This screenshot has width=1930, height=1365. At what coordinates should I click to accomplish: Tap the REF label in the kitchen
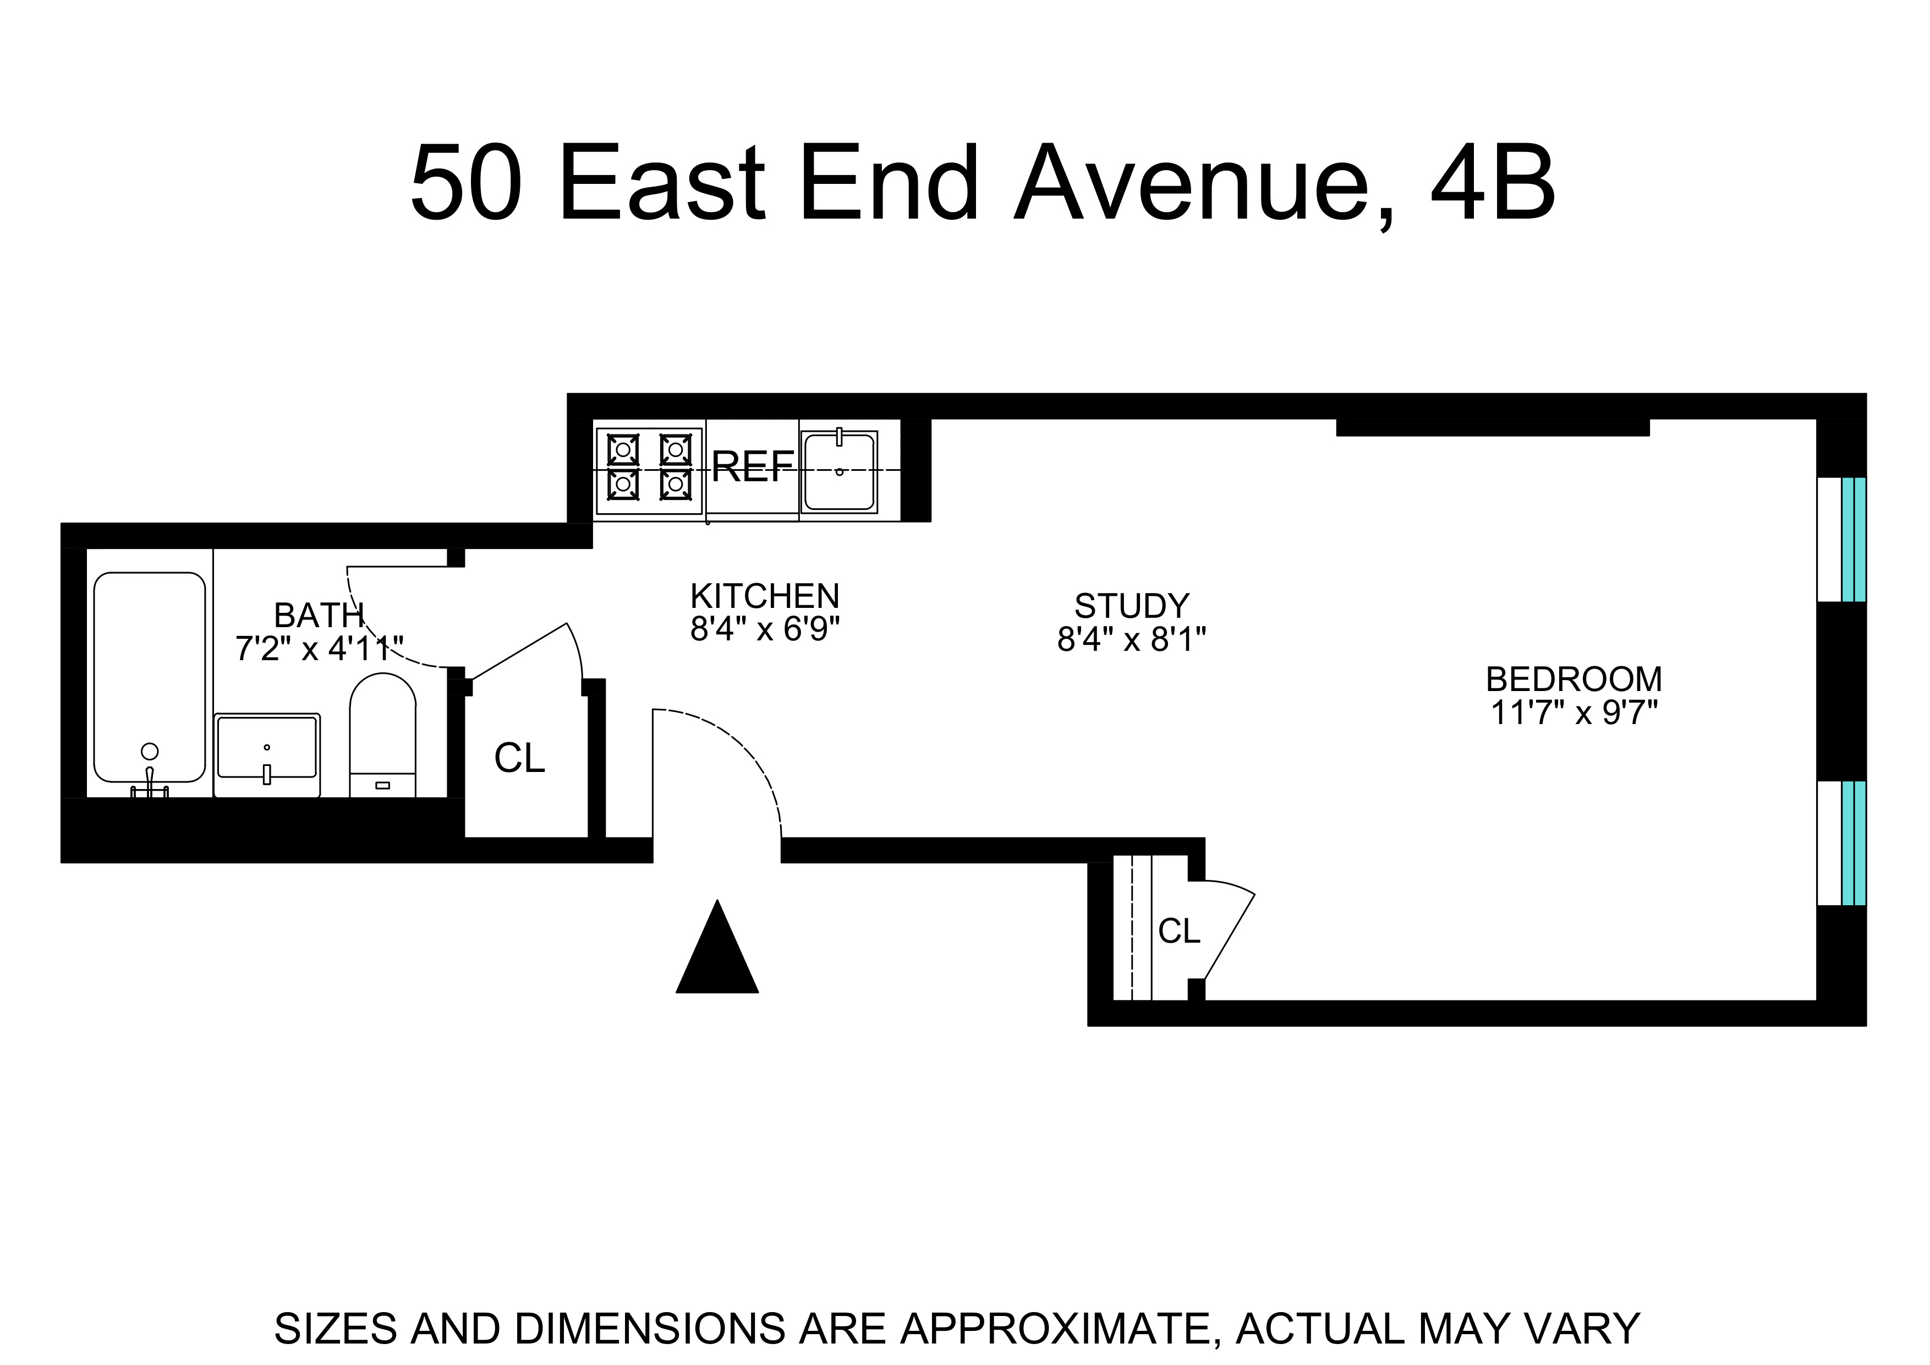tap(752, 467)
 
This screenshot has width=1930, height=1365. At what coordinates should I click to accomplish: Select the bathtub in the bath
tap(150, 677)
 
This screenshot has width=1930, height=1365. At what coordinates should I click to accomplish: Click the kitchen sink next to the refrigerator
tap(839, 472)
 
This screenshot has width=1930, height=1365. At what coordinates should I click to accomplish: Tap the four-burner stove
tap(649, 471)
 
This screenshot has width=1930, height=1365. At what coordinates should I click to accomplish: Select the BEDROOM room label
tap(1573, 679)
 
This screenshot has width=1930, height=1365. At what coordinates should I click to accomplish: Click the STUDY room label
tap(1132, 606)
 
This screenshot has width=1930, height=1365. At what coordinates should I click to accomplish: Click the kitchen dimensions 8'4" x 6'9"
tap(765, 629)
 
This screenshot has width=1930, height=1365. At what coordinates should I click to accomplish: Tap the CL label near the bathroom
tap(519, 759)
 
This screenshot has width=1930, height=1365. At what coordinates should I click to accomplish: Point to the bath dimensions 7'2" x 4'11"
tap(320, 649)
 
